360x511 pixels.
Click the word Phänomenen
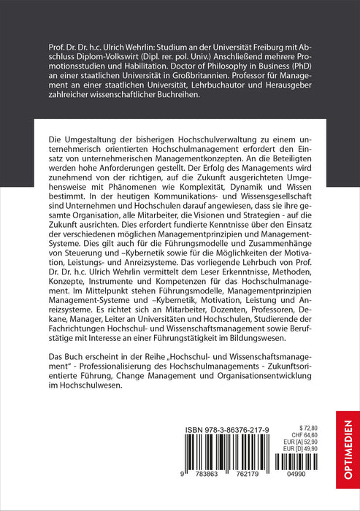click(x=129, y=185)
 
